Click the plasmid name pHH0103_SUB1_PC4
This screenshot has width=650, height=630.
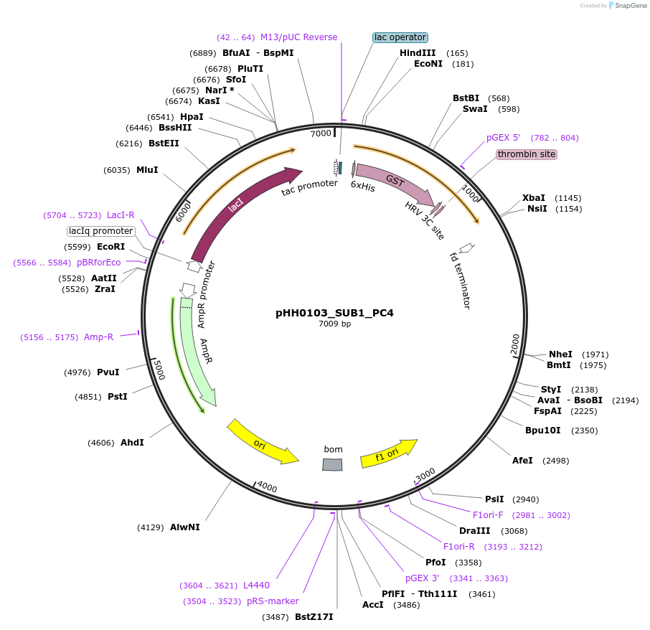(x=334, y=313)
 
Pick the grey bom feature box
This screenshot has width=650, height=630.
(x=332, y=465)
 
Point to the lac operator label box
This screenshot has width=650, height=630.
(x=400, y=37)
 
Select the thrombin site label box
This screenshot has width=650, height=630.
(x=526, y=154)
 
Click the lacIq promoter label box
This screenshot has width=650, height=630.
(x=101, y=231)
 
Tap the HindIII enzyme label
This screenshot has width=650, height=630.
(x=418, y=53)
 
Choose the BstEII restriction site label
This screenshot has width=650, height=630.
(x=164, y=144)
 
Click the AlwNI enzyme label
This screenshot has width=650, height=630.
(x=184, y=527)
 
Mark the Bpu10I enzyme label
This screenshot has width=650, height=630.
(x=542, y=431)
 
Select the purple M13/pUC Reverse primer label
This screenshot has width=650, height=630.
(x=298, y=37)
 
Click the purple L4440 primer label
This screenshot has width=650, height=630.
(x=256, y=586)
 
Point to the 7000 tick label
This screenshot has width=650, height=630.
(x=321, y=133)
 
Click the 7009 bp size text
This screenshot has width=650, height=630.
(x=334, y=324)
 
